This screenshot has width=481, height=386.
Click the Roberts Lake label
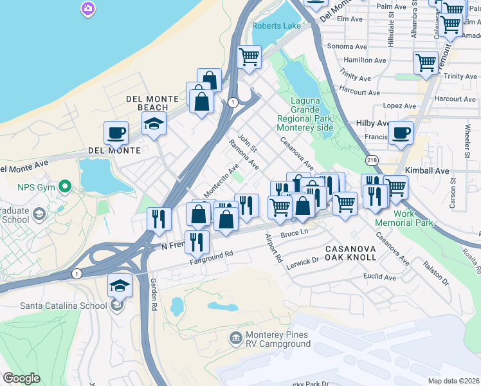[x=277, y=26]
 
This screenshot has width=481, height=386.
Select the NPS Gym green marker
[x=64, y=187]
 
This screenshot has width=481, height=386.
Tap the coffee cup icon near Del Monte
[x=116, y=133]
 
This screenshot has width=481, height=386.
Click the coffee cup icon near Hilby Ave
[x=401, y=133]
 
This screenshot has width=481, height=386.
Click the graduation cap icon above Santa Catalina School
[x=120, y=284]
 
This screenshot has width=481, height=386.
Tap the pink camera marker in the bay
[x=87, y=8]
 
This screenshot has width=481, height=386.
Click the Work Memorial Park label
[x=413, y=218]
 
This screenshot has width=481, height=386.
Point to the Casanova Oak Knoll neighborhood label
[x=350, y=253]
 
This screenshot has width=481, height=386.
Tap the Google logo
[x=21, y=378]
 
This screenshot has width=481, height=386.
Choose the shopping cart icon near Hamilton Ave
[x=426, y=62]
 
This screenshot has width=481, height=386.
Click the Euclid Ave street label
[x=380, y=277]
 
